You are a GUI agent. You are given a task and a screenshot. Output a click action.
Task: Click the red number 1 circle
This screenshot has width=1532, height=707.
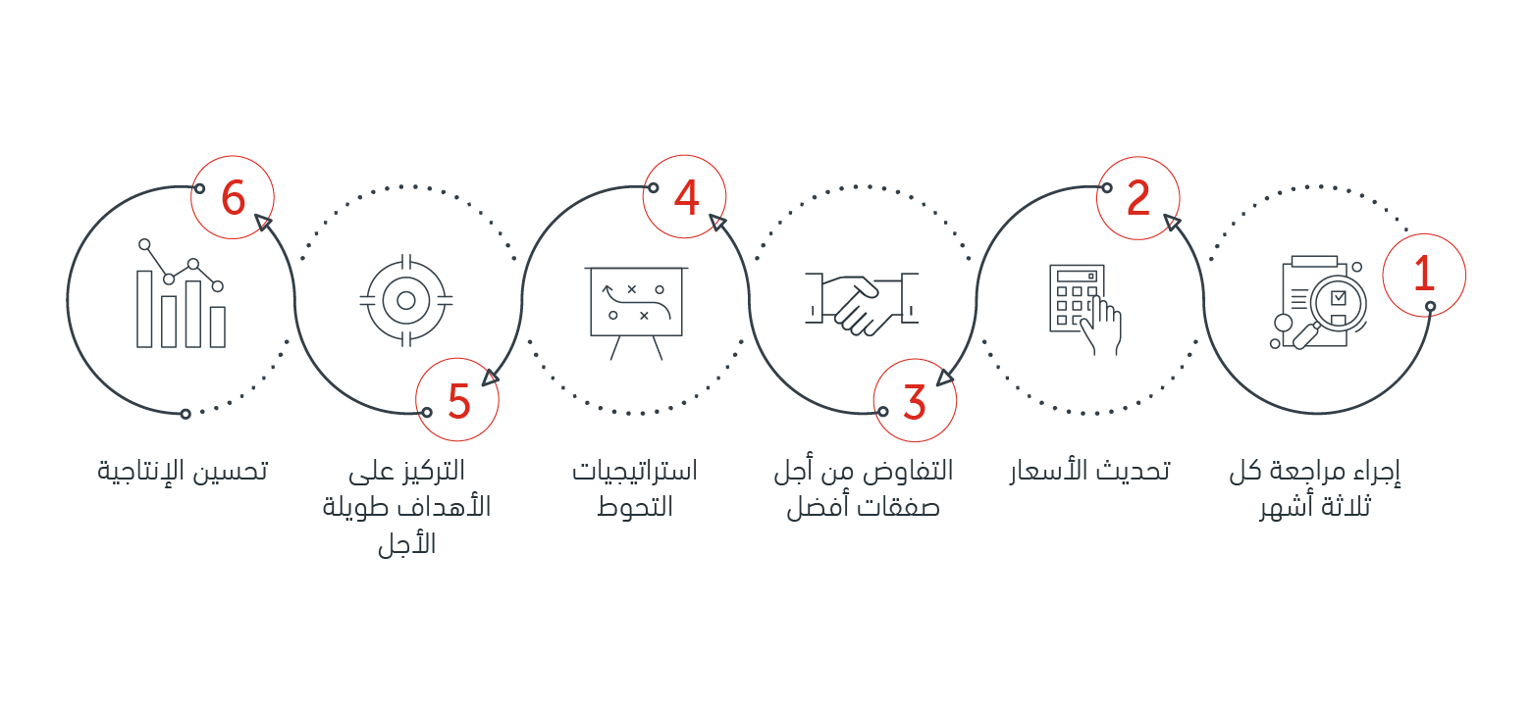tap(1424, 276)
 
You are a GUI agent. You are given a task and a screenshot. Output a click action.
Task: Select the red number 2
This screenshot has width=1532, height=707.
tap(1138, 198)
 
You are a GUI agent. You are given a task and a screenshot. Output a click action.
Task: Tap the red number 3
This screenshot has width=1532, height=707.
tap(915, 401)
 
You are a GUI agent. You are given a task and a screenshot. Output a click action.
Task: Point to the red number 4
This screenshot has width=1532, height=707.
tap(686, 197)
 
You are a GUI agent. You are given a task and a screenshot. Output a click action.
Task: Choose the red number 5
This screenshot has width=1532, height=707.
tap(459, 400)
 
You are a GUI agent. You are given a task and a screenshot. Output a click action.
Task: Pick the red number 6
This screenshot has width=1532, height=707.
tap(234, 197)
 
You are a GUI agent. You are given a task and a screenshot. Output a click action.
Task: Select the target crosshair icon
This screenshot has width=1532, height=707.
tap(406, 301)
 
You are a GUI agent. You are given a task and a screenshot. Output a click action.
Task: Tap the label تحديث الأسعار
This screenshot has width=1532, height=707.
tap(1090, 471)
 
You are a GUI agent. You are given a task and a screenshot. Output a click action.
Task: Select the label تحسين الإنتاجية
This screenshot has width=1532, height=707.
tap(182, 471)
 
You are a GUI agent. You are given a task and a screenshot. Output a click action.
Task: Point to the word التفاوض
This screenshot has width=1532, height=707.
tap(908, 471)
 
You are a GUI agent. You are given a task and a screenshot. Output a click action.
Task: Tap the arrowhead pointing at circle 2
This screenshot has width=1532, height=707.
tap(1172, 222)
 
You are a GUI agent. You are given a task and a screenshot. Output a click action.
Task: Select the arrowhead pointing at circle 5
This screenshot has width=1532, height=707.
tap(491, 378)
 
